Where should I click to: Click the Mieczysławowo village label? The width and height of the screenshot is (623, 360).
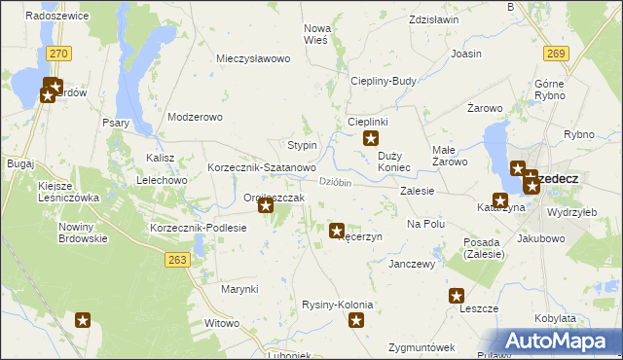coord(254,58)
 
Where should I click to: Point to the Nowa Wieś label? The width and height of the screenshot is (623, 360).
coord(318,34)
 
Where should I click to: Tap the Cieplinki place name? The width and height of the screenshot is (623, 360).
coord(369,122)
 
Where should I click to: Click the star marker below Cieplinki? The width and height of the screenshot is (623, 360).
coord(370,139)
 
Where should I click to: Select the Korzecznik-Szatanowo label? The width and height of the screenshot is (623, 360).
coord(261,167)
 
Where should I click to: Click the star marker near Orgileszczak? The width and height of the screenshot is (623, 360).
coord(265,205)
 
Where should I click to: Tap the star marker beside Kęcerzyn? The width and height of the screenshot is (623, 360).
coord(337,232)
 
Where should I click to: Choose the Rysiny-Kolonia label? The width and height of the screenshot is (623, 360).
coord(338,305)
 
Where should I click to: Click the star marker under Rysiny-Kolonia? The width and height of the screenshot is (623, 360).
coord(357,320)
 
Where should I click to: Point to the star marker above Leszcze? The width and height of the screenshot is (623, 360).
coord(456,296)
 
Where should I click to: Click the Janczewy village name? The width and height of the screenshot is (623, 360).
coord(411,264)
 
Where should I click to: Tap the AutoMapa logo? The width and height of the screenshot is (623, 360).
coord(556,341)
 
